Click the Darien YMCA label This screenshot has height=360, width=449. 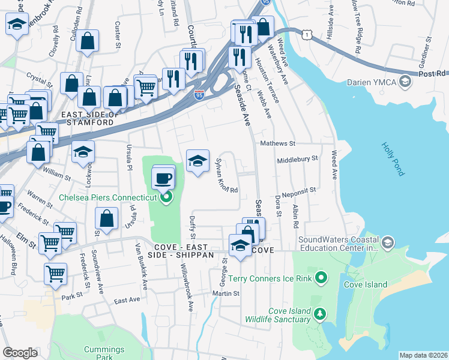pos(371,81)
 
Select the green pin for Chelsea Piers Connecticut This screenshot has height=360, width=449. pos(167,196)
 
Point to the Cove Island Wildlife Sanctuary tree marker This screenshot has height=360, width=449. pos(321,314)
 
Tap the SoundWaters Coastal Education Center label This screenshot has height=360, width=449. pos(340,242)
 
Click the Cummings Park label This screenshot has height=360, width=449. pos(104,353)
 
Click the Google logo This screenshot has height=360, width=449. pos(20,353)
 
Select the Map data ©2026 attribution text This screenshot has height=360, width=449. pos(423,355)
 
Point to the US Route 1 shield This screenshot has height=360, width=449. pos(308,36)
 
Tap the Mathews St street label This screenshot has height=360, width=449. pos(278,144)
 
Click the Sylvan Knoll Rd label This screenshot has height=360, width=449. pos(227,176)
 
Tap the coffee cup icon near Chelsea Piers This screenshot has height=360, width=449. pos(163,178)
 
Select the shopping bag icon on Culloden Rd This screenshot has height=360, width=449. pos(88,41)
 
